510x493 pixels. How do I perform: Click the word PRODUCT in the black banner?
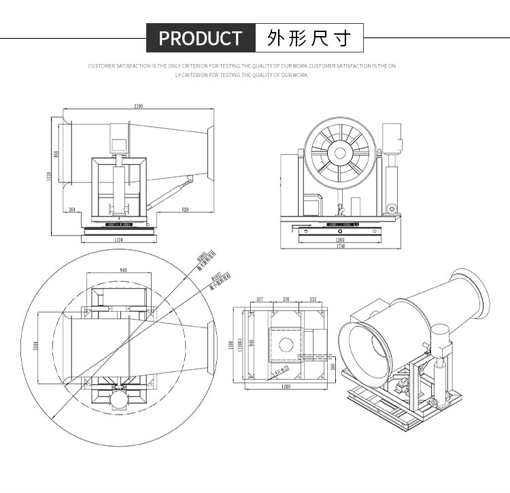(x=200, y=38)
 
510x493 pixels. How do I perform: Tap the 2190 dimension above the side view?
(x=139, y=107)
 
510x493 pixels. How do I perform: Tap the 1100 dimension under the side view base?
(x=118, y=240)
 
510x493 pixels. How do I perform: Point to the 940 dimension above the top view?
(x=123, y=270)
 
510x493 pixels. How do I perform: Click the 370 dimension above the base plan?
(x=286, y=299)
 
